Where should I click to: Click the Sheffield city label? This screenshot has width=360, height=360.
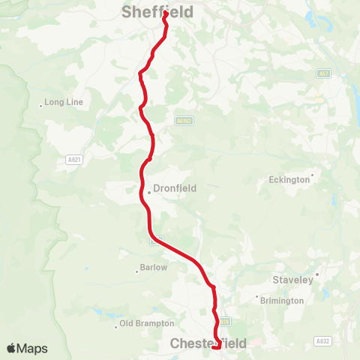(x=157, y=12)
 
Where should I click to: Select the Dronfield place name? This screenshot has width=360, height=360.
(x=175, y=189)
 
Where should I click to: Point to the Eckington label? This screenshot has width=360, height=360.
(x=289, y=180)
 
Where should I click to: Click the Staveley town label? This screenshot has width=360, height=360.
(x=292, y=280)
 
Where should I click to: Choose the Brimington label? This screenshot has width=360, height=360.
(x=283, y=300)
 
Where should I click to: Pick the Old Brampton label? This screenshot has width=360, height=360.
(x=148, y=324)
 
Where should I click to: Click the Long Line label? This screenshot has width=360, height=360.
(x=64, y=102)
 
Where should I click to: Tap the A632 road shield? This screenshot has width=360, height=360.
(x=323, y=340)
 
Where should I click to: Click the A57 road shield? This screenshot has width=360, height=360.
(x=322, y=73)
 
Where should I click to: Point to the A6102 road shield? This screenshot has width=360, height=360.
(x=184, y=120)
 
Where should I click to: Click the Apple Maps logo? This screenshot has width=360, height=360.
(x=27, y=348)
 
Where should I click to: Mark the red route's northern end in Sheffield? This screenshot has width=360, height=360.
(x=164, y=13)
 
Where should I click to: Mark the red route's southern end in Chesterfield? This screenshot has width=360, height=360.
(x=217, y=346)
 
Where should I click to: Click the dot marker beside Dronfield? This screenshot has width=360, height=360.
(x=149, y=193)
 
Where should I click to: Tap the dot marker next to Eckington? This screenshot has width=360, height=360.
(x=312, y=175)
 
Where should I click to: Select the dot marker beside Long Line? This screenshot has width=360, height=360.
(x=41, y=106)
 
